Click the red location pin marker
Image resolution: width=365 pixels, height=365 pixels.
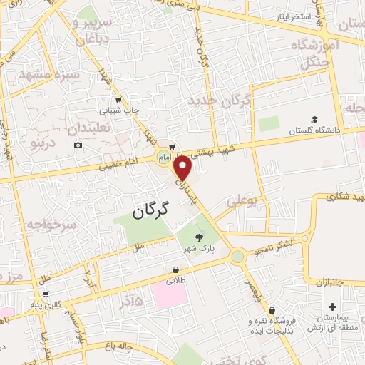tap(183, 168)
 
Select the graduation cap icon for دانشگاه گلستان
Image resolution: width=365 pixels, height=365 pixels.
tap(314, 119)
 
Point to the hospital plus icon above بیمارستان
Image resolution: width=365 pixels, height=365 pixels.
tap(332, 306)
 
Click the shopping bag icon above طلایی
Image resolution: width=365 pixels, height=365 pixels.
tap(175, 269)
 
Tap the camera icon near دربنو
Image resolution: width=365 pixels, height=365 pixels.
tap(78, 145)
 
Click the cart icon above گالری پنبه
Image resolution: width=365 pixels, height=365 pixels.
tap(46, 294)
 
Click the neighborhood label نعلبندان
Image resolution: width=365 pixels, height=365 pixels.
tap(91, 130)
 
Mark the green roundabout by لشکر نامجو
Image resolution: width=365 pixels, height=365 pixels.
tap(237, 255)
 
